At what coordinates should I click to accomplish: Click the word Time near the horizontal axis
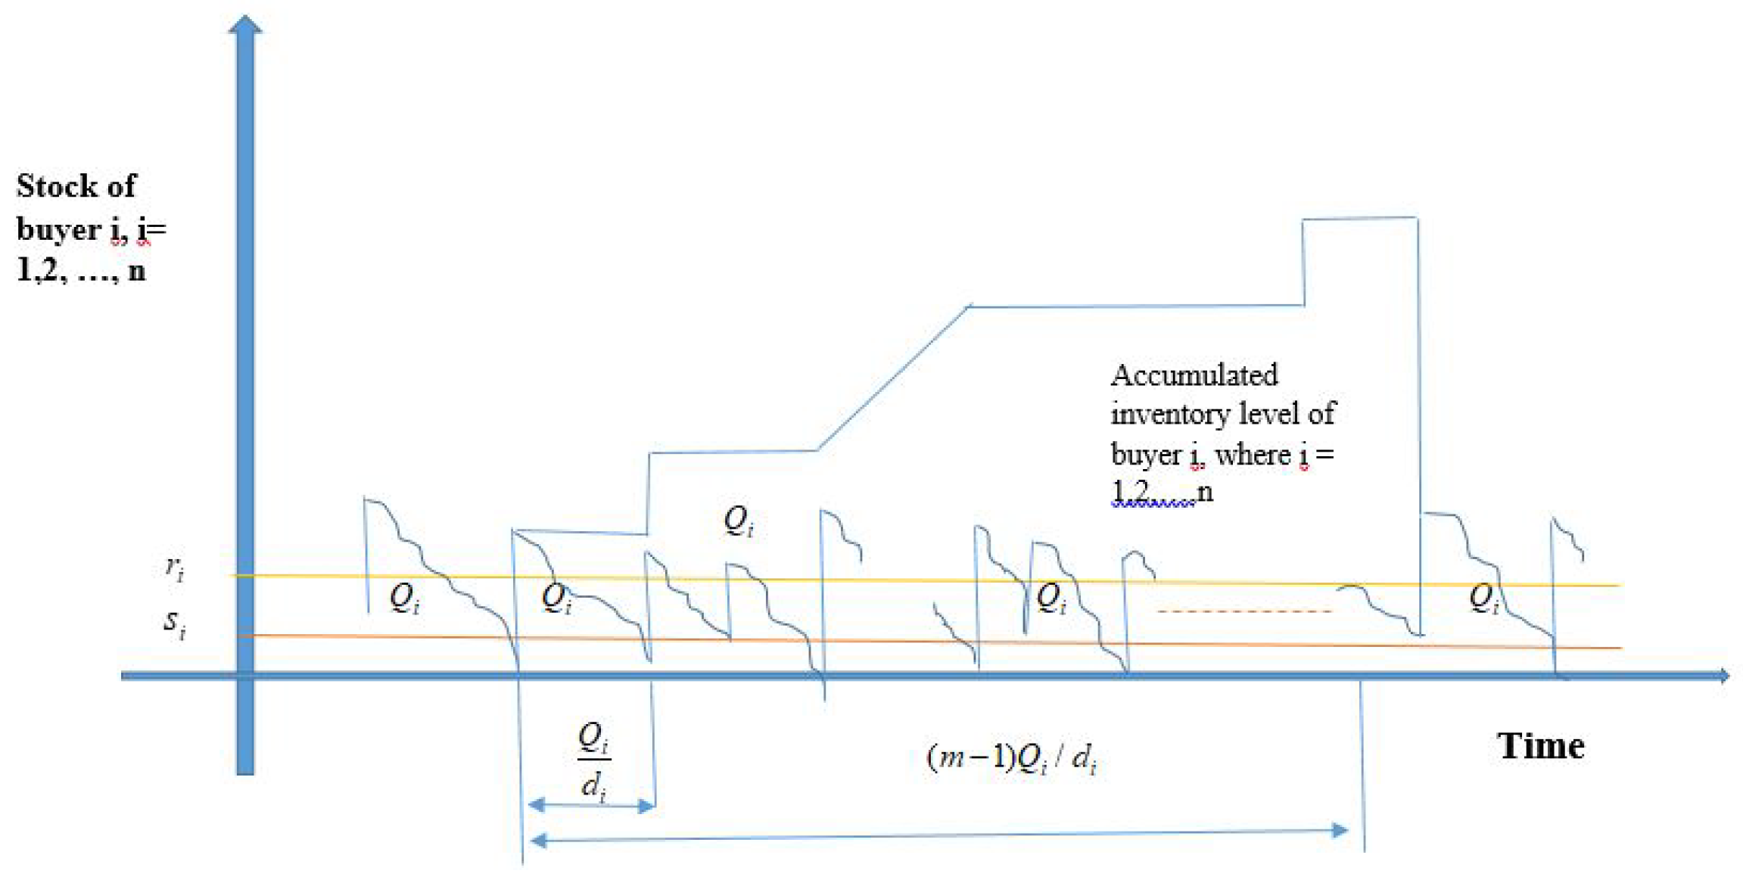1540,746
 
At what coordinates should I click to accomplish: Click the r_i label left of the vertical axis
175,567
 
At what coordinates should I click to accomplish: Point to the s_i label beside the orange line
175,623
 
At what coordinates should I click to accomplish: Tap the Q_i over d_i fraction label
594,760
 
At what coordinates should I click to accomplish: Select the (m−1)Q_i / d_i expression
1012,757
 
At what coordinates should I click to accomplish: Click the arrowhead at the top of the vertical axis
245,25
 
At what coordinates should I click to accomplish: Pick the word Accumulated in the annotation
1194,375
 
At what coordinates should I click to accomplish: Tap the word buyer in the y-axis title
58,229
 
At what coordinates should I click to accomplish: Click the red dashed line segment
1244,611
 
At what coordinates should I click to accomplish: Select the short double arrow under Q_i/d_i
591,806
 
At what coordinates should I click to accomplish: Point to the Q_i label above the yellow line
739,521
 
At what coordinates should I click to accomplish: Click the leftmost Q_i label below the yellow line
404,598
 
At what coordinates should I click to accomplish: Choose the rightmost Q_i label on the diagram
1483,598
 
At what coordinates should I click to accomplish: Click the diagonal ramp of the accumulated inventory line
893,378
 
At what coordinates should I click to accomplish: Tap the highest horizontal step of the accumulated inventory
1359,219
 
